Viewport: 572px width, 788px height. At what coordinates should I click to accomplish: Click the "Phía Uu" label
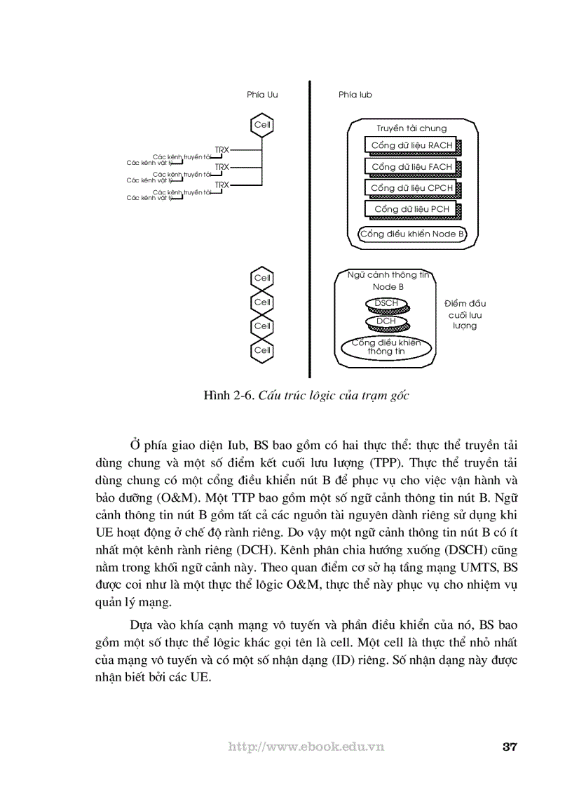click(x=262, y=95)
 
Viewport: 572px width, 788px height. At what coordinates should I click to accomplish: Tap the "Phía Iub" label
click(x=355, y=95)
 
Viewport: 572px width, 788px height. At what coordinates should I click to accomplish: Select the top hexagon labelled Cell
click(x=262, y=125)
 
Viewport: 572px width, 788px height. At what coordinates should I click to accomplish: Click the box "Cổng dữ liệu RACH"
click(x=411, y=145)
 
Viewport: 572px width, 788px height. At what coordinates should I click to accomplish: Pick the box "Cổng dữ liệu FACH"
click(x=411, y=167)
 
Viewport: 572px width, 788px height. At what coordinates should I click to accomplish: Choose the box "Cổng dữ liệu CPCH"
click(x=411, y=188)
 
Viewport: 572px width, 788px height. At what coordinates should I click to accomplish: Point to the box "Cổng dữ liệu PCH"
click(x=411, y=209)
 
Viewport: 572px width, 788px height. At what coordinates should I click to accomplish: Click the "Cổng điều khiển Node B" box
click(x=412, y=234)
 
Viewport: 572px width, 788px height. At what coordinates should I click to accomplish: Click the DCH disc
click(x=386, y=321)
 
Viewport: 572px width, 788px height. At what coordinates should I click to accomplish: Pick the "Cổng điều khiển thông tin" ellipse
click(x=386, y=347)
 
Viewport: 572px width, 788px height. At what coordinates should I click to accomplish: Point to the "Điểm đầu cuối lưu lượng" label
click(x=465, y=314)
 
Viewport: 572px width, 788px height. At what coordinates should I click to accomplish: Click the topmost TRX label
click(x=222, y=149)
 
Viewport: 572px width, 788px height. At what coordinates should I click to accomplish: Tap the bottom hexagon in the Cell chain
click(x=262, y=349)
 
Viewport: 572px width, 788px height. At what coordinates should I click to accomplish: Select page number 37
click(x=510, y=746)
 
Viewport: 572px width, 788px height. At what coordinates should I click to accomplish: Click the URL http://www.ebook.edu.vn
click(x=306, y=747)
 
